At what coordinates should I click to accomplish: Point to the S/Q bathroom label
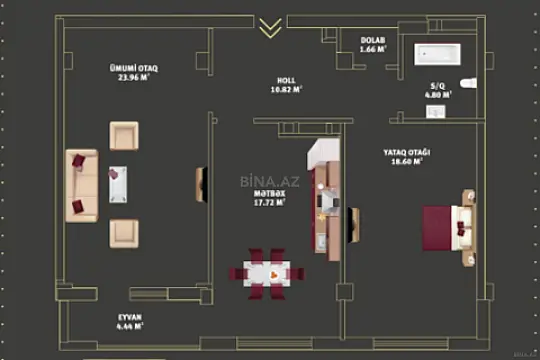pos(437,87)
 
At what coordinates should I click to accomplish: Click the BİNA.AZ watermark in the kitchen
pos(264,181)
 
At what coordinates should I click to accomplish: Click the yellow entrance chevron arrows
pos(269,27)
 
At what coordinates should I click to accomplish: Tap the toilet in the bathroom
pos(470,83)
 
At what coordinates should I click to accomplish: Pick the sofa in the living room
pos(81,185)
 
